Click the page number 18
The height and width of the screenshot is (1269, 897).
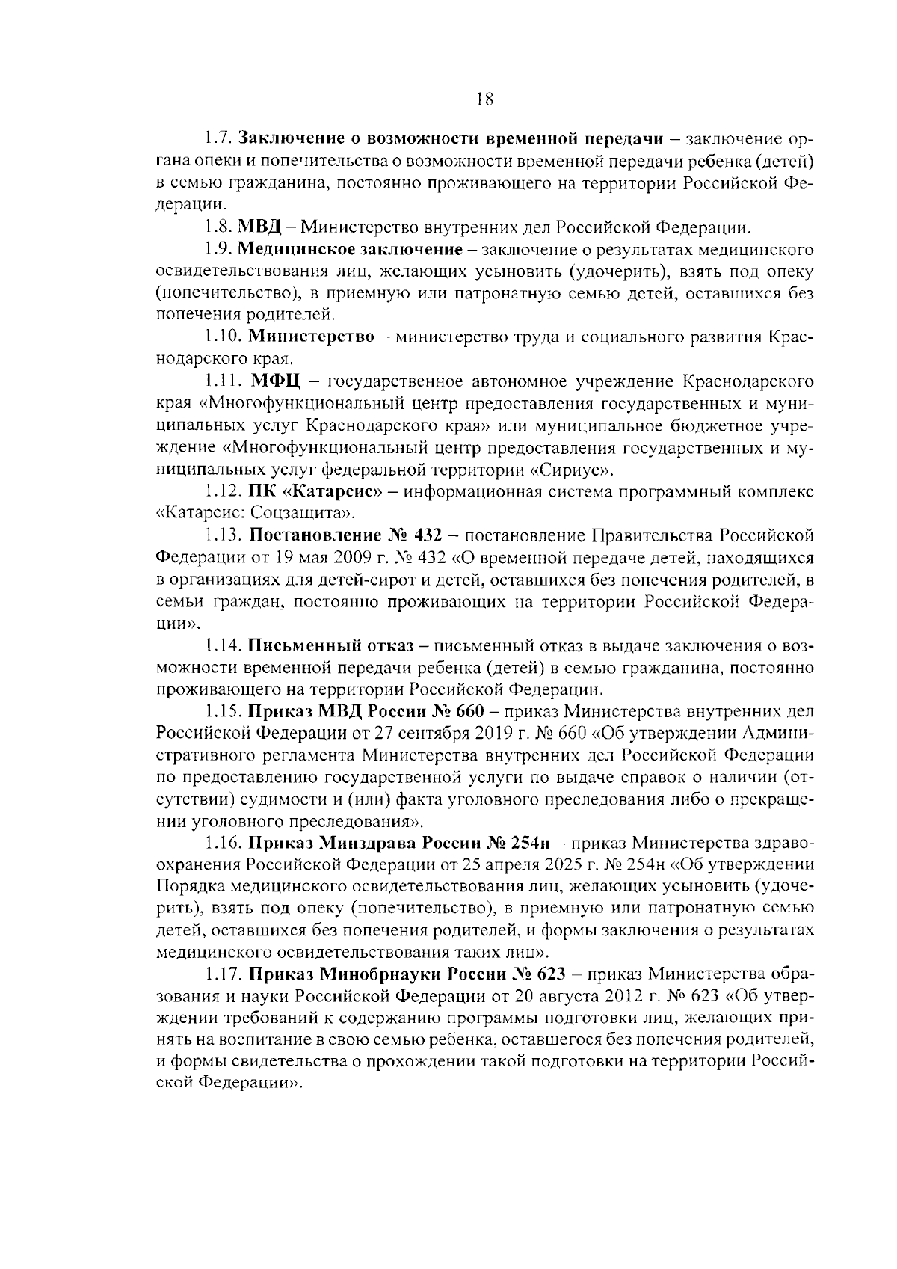(x=484, y=99)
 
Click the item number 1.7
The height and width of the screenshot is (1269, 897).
(x=220, y=139)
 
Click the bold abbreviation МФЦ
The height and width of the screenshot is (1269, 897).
(x=275, y=383)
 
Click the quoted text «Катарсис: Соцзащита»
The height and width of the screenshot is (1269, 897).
(x=254, y=514)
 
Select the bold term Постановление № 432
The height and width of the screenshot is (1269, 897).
(x=345, y=535)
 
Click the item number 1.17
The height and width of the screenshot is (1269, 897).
(x=224, y=974)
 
